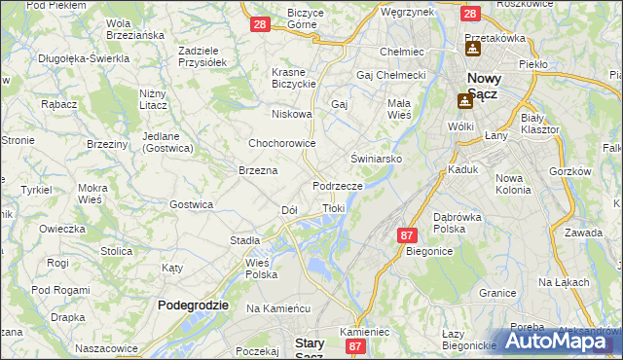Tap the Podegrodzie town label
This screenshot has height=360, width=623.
(x=193, y=305)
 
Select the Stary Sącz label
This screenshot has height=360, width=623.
(x=315, y=348)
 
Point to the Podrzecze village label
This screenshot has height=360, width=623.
(x=338, y=186)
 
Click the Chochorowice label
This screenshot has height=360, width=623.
(x=282, y=142)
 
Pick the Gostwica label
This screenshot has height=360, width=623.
(x=191, y=204)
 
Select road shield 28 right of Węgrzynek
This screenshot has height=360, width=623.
(x=469, y=14)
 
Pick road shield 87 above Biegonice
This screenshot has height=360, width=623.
(x=407, y=234)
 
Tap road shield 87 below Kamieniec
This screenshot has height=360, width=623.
(x=355, y=345)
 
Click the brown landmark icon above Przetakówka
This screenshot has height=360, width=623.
(x=472, y=47)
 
